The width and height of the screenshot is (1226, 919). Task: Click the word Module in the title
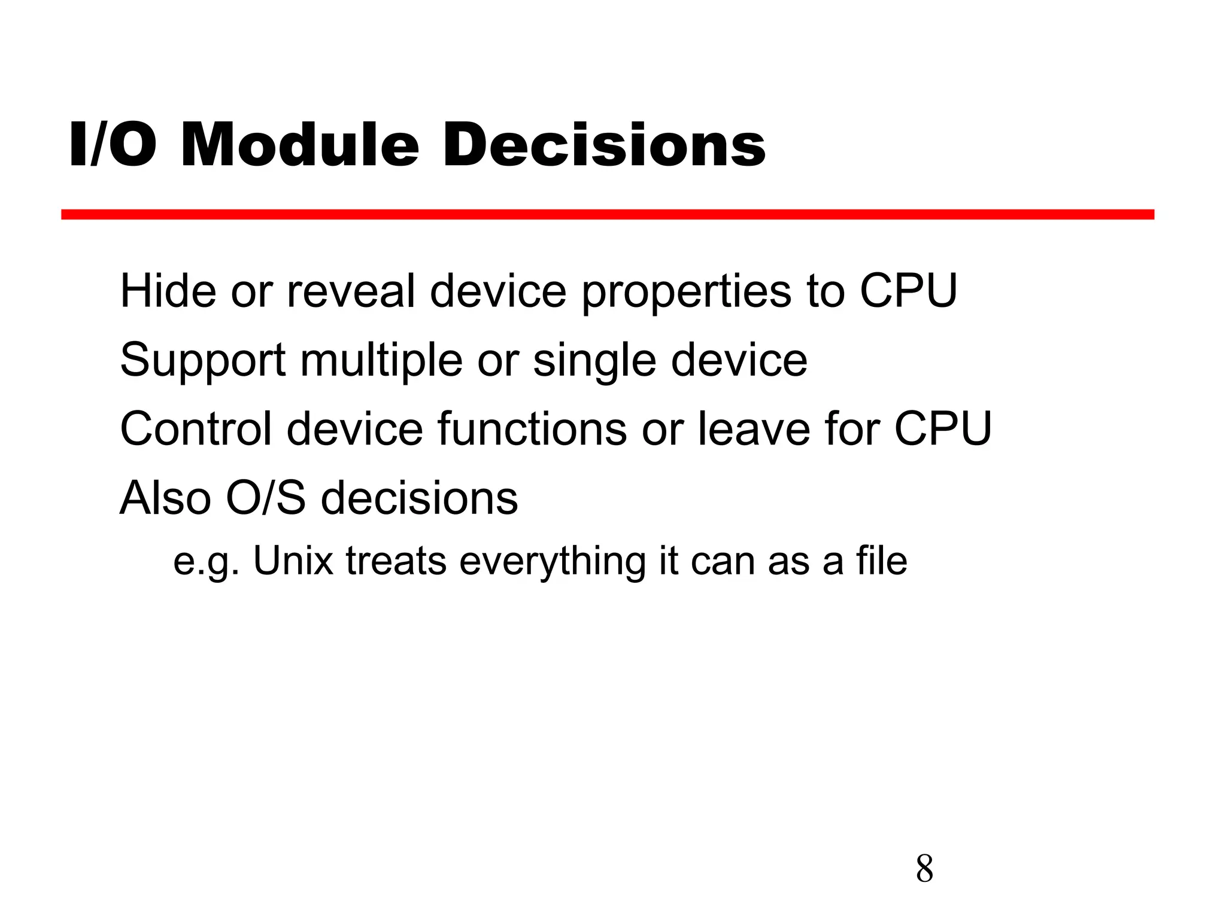click(299, 145)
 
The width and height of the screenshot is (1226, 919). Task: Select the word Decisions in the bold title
click(603, 145)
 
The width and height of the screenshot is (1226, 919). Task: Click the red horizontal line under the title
click(607, 215)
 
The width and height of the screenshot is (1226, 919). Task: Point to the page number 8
click(924, 869)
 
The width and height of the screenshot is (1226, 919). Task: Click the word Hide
click(168, 291)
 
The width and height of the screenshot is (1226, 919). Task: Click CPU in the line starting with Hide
click(908, 291)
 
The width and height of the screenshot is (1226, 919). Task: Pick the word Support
click(203, 361)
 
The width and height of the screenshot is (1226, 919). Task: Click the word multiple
click(381, 361)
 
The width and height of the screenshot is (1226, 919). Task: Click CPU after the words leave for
click(943, 428)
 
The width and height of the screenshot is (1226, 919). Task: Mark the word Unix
click(293, 561)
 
